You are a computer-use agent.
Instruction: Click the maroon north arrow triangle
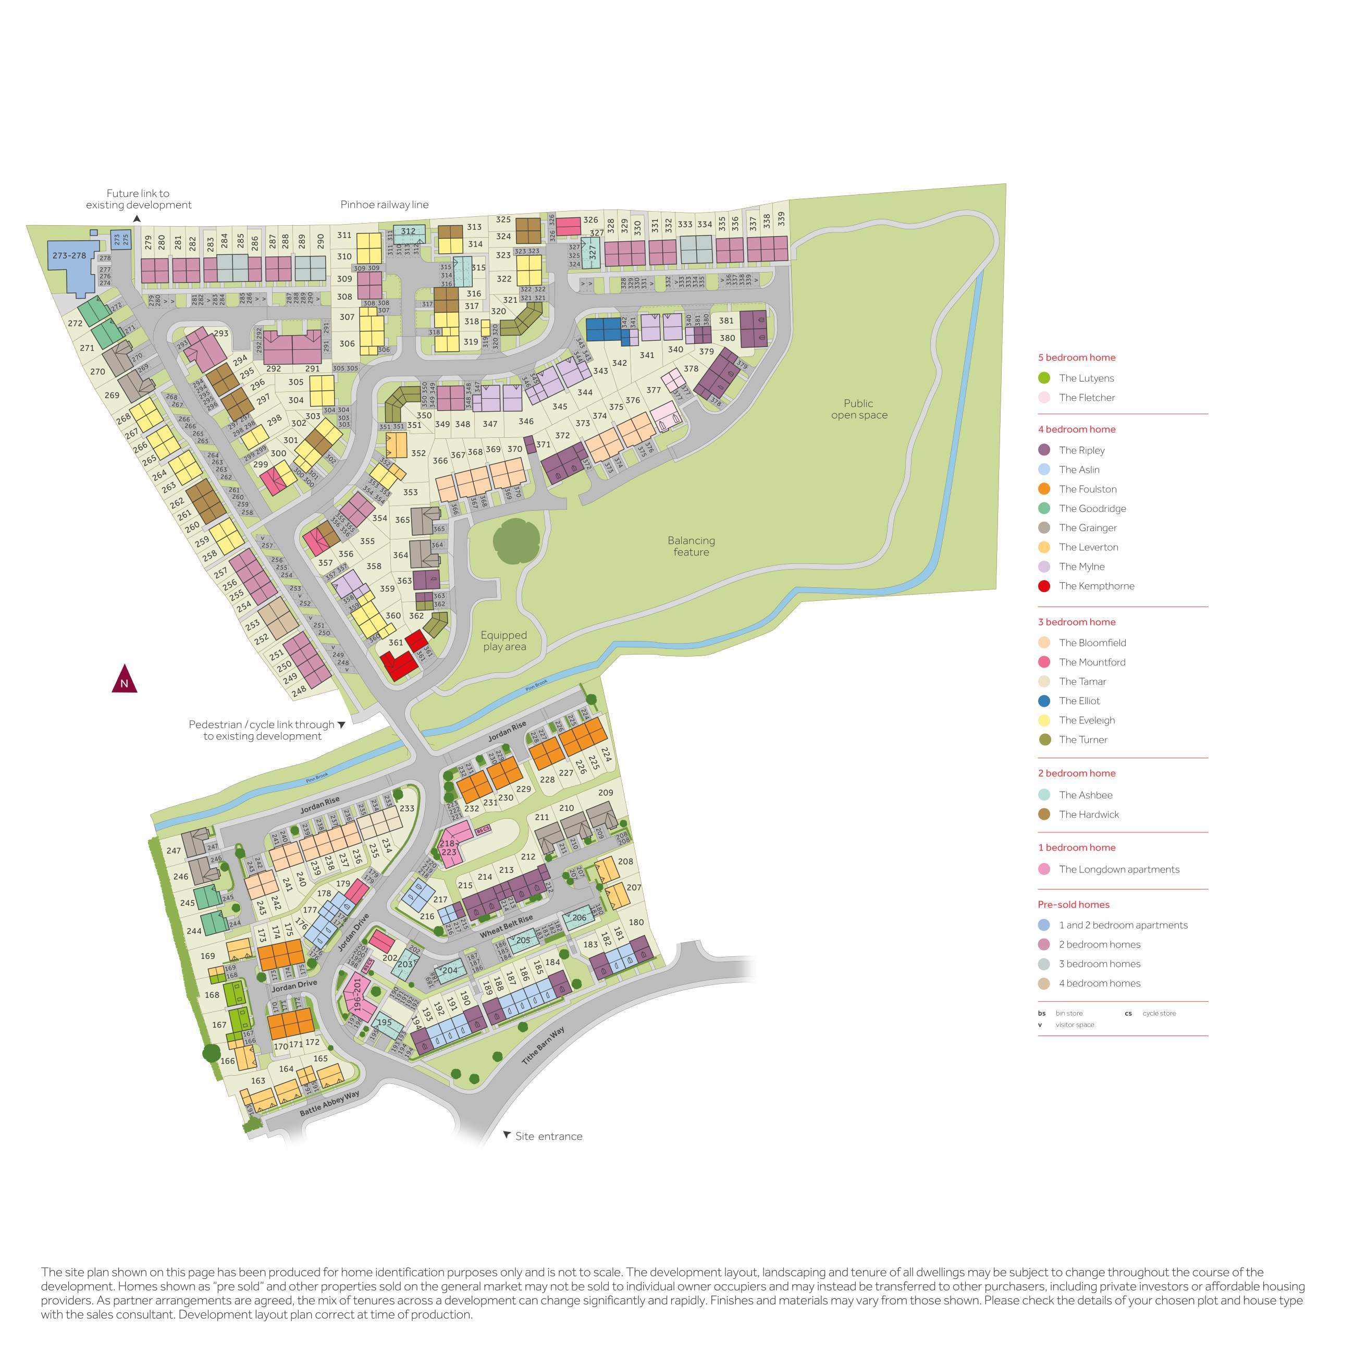click(x=124, y=680)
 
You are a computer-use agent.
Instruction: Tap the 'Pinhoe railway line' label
click(x=384, y=205)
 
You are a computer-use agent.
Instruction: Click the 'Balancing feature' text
click(x=691, y=546)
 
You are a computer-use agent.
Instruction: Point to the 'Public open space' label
click(x=858, y=409)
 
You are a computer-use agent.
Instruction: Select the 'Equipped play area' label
click(x=503, y=640)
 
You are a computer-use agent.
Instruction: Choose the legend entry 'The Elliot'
click(x=1079, y=700)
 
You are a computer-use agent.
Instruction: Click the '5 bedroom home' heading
click(x=1077, y=357)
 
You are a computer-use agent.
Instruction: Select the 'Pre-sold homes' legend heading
click(x=1073, y=904)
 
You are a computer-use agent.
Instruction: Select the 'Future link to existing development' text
click(x=138, y=199)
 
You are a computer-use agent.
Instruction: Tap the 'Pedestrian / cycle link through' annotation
click(x=261, y=724)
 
